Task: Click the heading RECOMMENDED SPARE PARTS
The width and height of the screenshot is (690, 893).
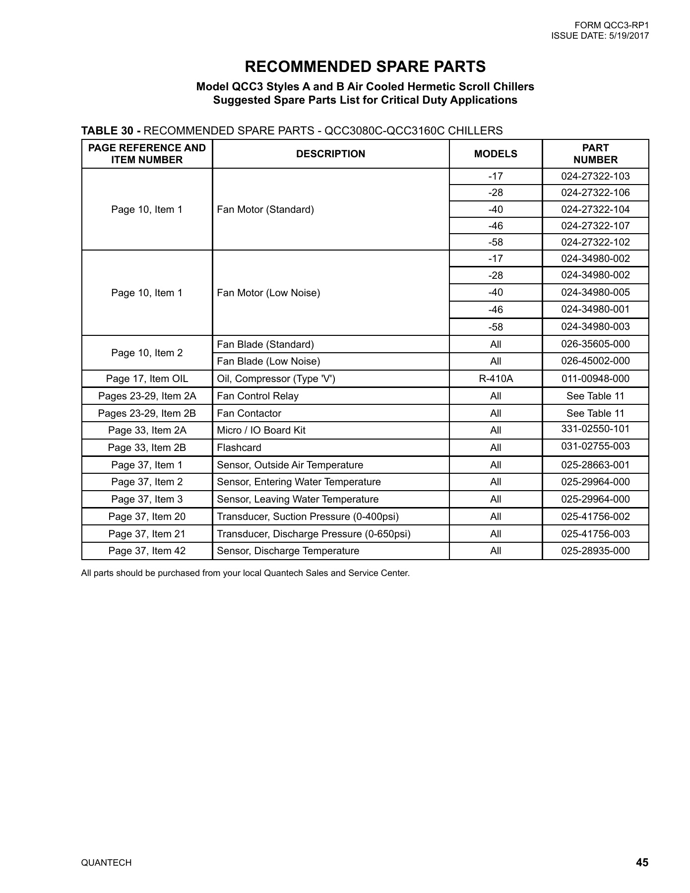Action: tap(365, 66)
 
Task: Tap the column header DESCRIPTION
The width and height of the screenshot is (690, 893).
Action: tap(330, 154)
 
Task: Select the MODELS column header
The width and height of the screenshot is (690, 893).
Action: tap(495, 154)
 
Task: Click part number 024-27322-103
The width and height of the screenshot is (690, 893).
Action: tap(595, 176)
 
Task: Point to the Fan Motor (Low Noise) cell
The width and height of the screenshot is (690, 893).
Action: tap(268, 293)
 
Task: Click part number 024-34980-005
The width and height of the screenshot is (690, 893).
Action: tap(595, 292)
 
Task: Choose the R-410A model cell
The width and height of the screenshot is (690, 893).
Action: tap(495, 379)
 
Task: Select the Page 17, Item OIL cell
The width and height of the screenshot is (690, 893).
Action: tap(147, 379)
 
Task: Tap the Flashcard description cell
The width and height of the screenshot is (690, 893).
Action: tap(239, 447)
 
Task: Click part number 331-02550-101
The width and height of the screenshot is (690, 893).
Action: tap(595, 429)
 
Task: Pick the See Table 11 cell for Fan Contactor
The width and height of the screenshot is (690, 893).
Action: tap(595, 413)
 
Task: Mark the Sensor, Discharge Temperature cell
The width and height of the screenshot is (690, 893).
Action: tap(288, 551)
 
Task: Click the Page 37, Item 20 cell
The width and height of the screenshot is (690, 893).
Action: tap(147, 516)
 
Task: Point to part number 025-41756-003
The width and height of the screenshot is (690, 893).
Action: tap(595, 534)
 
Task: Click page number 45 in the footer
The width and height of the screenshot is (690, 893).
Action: tap(641, 862)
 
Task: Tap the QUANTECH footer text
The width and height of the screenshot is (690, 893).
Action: tap(106, 863)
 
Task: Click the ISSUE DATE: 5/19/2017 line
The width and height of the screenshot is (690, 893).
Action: tap(600, 36)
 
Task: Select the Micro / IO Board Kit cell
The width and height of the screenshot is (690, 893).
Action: tap(261, 430)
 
